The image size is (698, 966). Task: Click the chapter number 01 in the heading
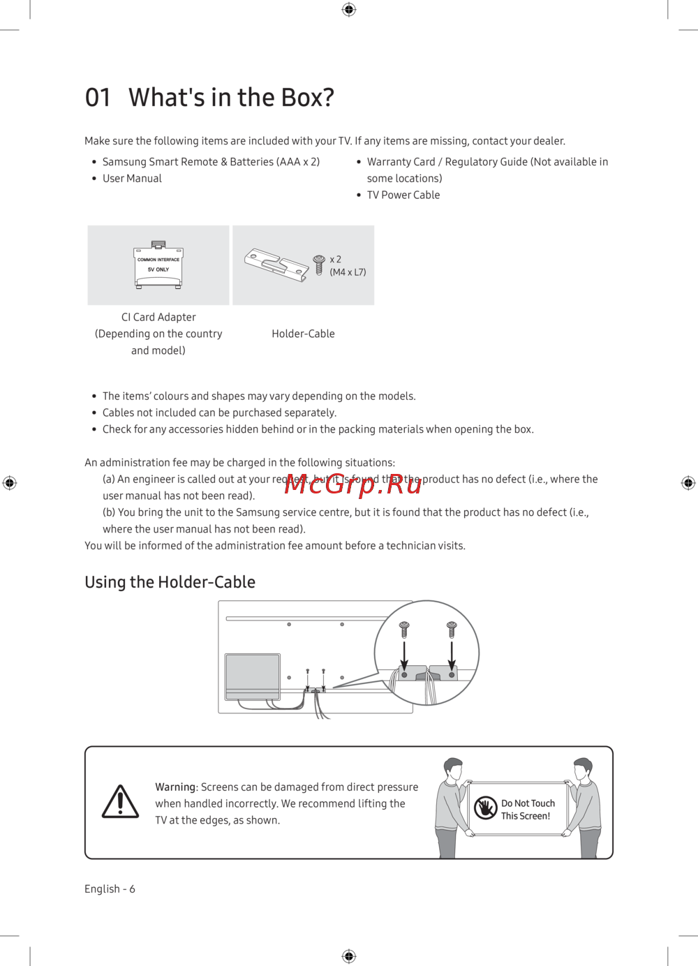(x=98, y=98)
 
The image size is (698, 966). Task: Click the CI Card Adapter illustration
(x=158, y=265)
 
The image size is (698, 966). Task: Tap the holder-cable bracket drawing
(x=276, y=265)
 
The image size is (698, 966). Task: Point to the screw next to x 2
(x=319, y=264)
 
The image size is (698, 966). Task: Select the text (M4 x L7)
(x=348, y=272)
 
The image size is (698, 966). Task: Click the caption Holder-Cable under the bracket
(x=303, y=334)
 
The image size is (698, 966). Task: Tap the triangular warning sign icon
(x=121, y=802)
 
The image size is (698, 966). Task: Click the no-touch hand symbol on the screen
(x=485, y=808)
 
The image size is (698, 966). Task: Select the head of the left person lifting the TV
(x=453, y=769)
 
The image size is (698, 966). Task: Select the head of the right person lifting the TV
(x=583, y=769)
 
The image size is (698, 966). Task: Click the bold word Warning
(x=175, y=787)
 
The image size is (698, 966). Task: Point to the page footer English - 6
(x=110, y=889)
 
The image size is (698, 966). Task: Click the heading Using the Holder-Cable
(x=170, y=582)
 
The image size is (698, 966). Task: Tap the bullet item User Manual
(x=132, y=179)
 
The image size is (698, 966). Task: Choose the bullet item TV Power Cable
(x=403, y=195)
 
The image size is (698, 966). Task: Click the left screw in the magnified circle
(x=404, y=628)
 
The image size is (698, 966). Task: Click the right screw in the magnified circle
(x=452, y=628)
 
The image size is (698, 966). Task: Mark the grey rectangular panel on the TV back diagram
(x=253, y=675)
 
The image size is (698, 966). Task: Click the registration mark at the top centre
(x=349, y=9)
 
